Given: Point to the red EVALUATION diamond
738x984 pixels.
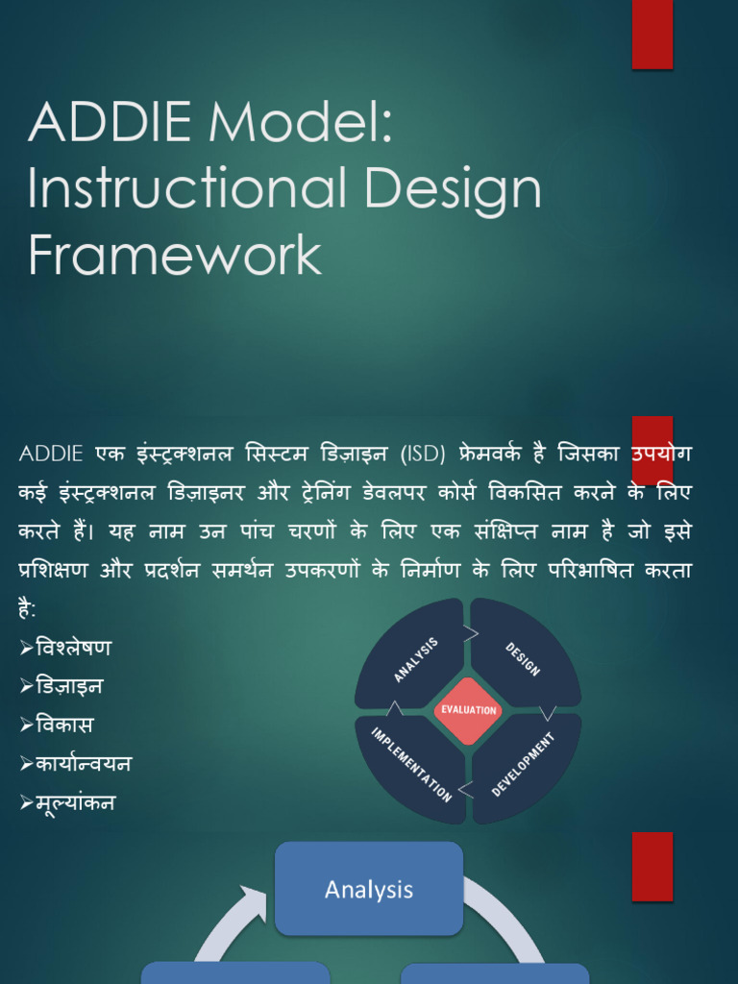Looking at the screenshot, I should (468, 710).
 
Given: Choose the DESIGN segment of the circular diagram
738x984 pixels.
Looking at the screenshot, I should (524, 656).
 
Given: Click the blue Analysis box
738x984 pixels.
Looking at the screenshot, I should (369, 889).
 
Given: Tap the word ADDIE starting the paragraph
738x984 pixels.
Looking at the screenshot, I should (51, 454).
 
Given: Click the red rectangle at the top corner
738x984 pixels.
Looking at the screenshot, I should (652, 35).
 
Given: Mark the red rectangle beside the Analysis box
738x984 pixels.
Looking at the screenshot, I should (652, 866).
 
